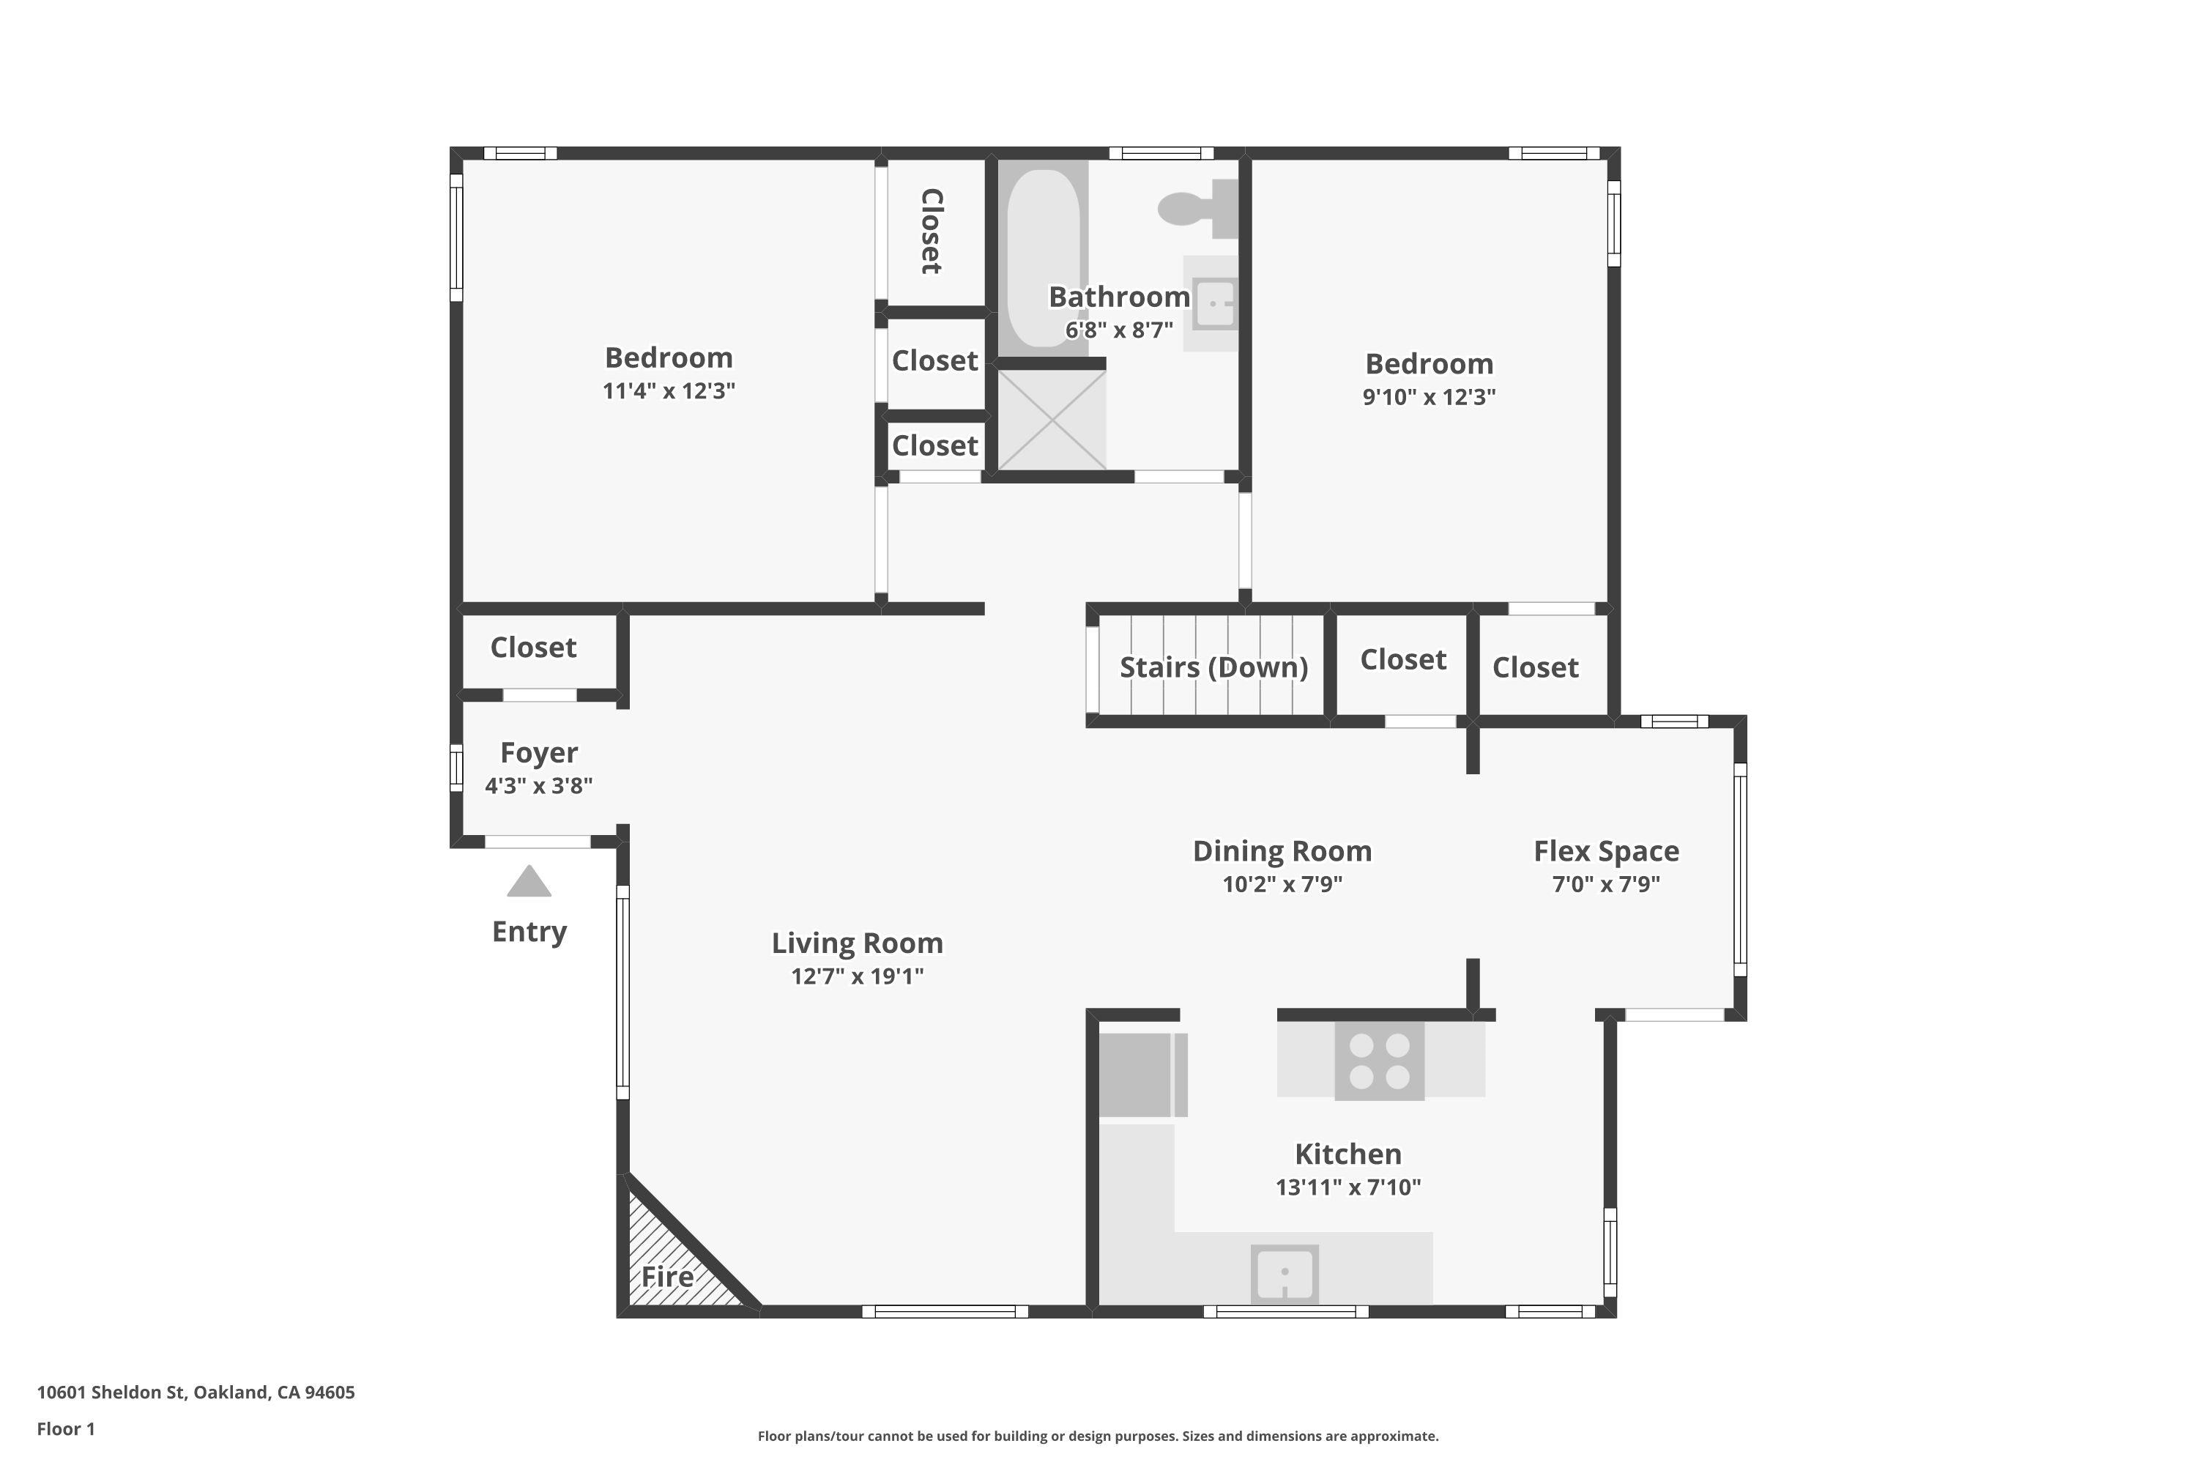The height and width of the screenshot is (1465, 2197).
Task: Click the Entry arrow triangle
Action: click(529, 883)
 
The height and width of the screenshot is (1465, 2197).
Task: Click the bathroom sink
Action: click(1214, 304)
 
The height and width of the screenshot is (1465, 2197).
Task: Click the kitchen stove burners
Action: click(1379, 1061)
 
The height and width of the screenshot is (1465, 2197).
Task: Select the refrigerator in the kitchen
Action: click(1136, 1075)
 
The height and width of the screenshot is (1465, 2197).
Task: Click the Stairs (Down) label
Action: click(1213, 667)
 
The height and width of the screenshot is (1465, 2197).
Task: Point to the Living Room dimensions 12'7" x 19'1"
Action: click(857, 976)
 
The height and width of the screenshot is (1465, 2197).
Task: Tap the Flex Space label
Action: click(1606, 851)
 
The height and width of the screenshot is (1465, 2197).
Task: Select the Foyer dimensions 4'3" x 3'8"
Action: click(538, 786)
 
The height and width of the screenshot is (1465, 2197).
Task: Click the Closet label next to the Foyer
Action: click(533, 648)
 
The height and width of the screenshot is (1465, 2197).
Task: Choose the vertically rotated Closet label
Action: click(932, 231)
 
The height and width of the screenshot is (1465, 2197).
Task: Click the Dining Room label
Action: click(1282, 851)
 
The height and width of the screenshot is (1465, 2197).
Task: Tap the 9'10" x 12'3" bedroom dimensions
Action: click(1428, 397)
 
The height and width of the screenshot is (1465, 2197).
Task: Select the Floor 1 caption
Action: click(65, 1428)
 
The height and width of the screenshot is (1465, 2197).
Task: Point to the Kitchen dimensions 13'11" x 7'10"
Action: click(1348, 1187)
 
